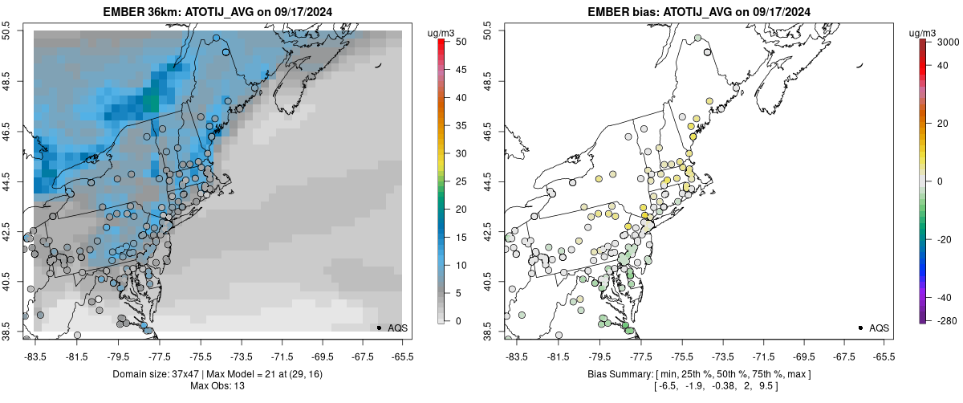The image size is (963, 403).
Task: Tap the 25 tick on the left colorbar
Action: click(456, 181)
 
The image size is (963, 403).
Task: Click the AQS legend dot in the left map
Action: click(379, 328)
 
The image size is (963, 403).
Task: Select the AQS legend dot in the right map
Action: click(860, 328)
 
